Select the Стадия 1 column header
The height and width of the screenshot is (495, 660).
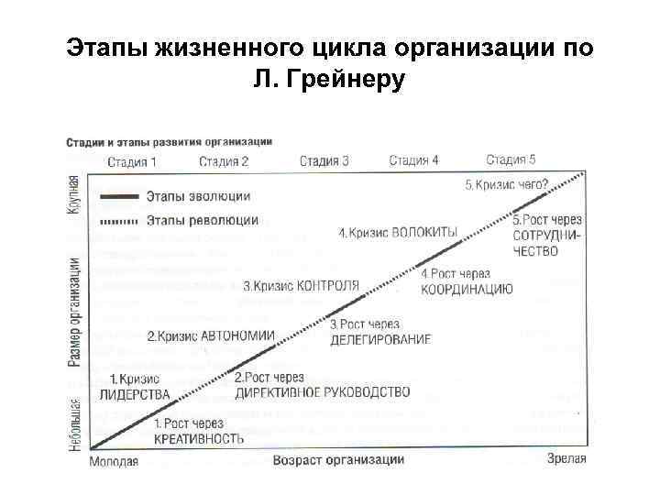133,162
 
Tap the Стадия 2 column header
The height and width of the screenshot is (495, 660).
225,162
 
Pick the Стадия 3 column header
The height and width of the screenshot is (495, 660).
324,161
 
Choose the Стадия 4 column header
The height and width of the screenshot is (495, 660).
413,160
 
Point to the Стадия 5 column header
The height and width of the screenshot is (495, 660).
511,159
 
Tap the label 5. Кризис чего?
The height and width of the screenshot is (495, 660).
507,185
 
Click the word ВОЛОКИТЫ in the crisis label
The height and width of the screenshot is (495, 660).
424,233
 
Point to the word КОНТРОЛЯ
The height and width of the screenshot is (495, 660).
328,285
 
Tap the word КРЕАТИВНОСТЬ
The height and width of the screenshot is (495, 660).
199,438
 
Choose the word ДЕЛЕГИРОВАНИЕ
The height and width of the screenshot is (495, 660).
380,339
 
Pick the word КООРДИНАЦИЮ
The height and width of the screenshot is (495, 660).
467,290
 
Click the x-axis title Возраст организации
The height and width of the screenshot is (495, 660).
338,459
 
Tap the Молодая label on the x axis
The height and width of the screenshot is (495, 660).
114,461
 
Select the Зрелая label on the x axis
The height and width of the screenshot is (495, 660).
566,458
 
